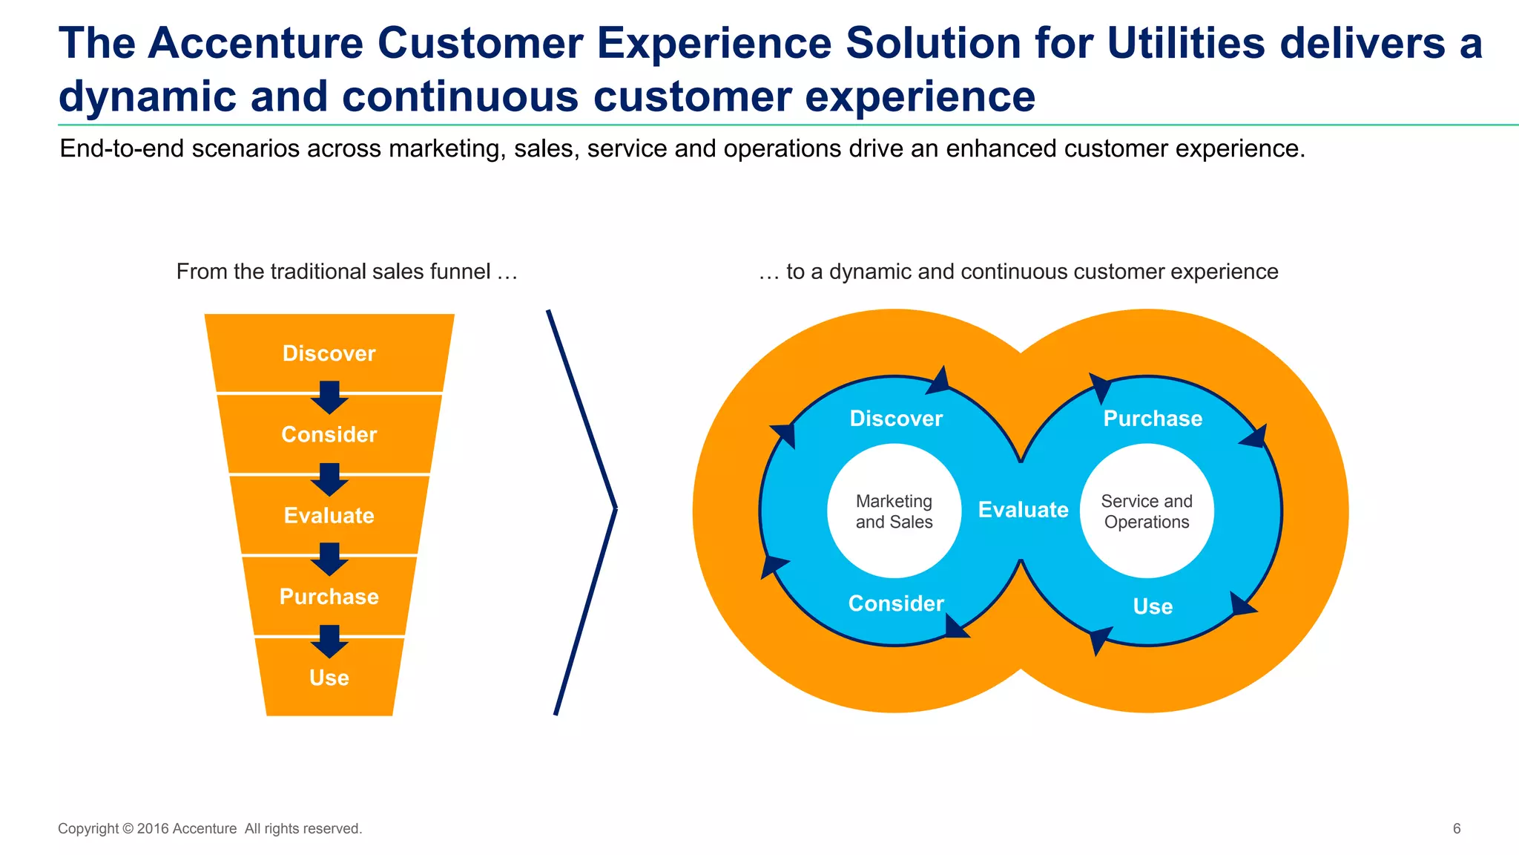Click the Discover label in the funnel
point(329,353)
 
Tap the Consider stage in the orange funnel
point(329,434)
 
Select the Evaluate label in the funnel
point(329,515)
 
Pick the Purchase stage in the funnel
point(329,597)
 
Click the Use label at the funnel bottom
point(329,678)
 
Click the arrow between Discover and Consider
point(329,397)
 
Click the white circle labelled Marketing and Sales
point(894,511)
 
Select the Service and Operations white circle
point(1147,511)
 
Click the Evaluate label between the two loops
point(1023,510)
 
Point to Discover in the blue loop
point(896,419)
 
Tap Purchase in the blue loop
point(1153,419)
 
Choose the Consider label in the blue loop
point(896,603)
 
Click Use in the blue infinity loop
point(1153,606)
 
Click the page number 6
point(1456,828)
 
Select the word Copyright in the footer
point(88,828)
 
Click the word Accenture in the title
point(255,43)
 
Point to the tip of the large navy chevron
point(615,509)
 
